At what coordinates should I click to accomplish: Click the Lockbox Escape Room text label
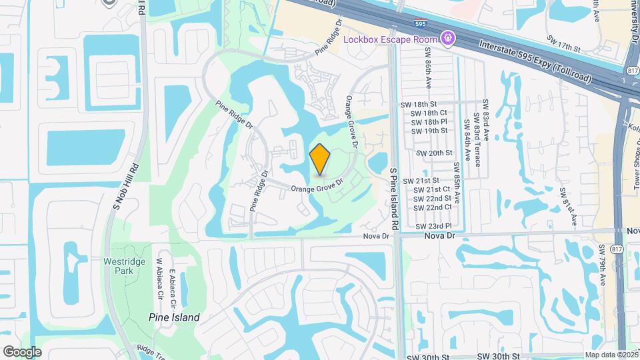[x=389, y=39]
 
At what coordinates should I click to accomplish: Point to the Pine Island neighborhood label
[x=174, y=317]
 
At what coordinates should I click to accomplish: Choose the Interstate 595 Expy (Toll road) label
[x=535, y=61]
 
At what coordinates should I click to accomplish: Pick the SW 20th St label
[x=434, y=153]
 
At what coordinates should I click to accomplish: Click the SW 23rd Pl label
[x=434, y=227]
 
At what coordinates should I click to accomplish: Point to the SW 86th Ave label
[x=427, y=71]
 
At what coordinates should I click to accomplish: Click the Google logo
[x=22, y=352]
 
